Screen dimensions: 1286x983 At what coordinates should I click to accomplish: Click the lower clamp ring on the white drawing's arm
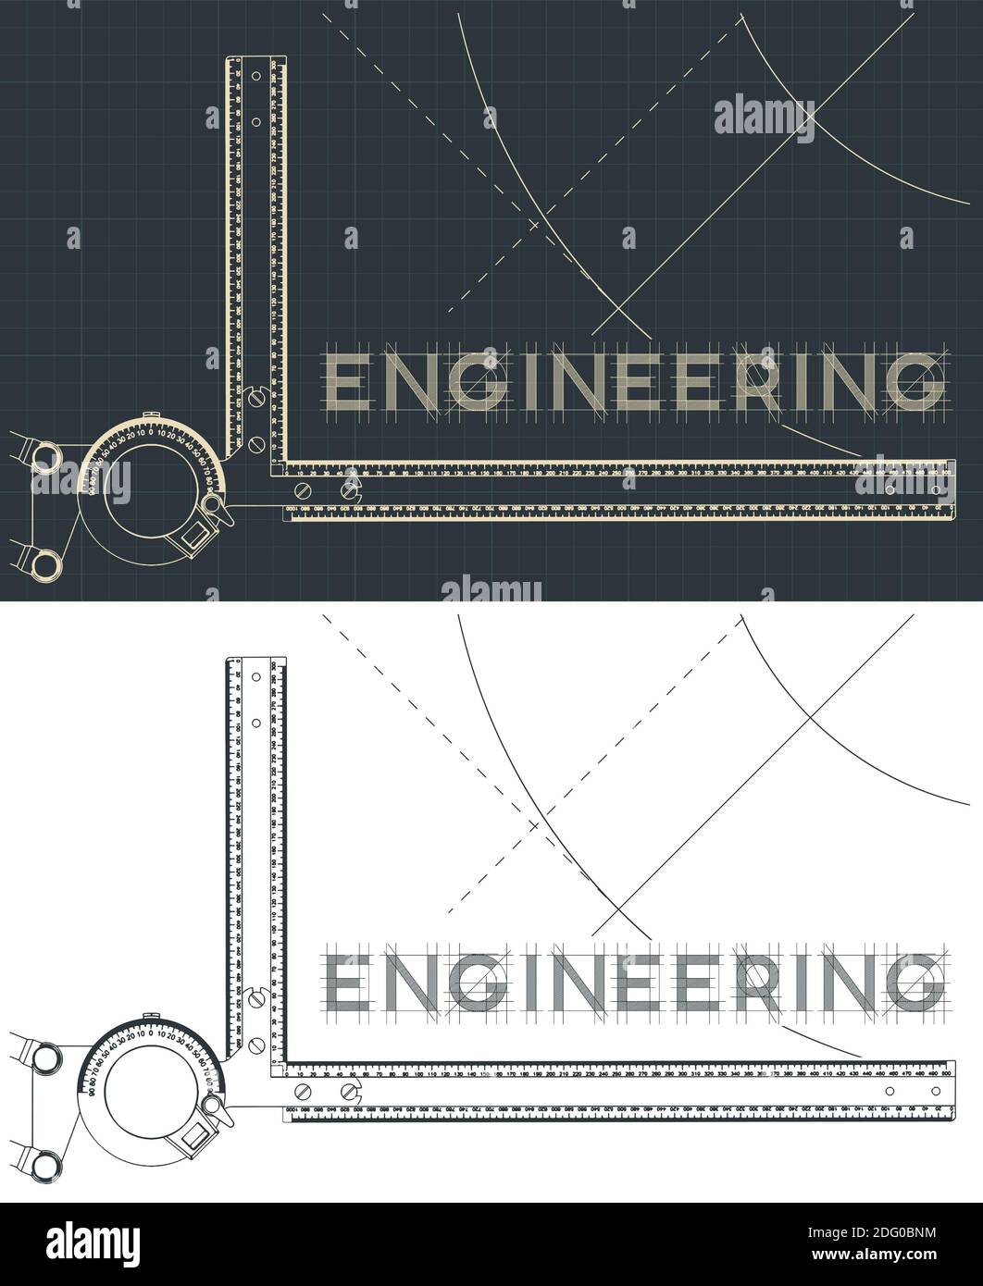click(x=41, y=1160)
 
